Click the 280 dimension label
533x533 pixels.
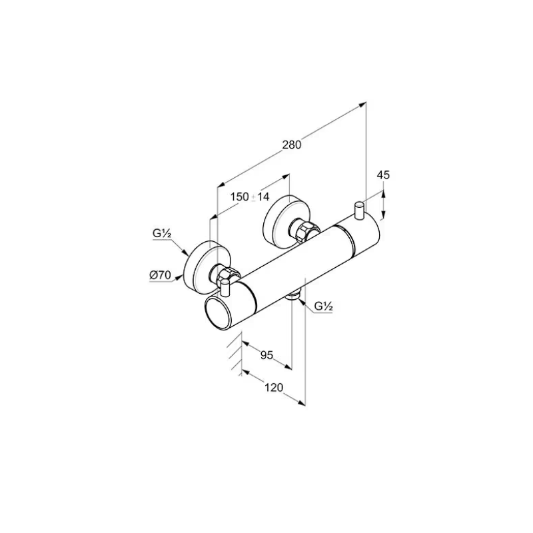tap(292, 145)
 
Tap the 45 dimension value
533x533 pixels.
tap(383, 175)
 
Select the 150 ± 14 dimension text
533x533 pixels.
tap(249, 197)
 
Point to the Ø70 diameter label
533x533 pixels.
tap(161, 274)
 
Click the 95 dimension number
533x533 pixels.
tap(267, 355)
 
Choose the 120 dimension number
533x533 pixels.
tap(274, 388)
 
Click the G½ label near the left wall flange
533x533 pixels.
tap(161, 234)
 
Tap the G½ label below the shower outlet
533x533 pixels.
tap(323, 306)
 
